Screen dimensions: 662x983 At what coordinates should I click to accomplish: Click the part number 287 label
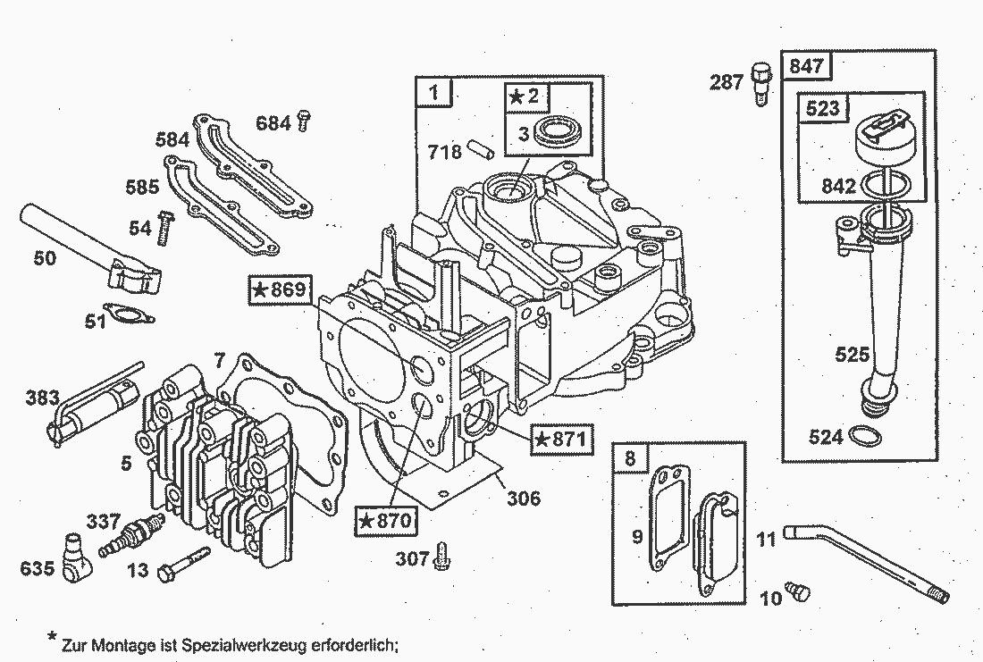click(x=727, y=82)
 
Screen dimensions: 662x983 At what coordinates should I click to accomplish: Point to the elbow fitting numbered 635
click(x=76, y=555)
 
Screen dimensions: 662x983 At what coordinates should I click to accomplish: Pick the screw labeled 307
click(x=441, y=557)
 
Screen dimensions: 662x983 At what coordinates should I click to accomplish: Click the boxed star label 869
click(x=280, y=289)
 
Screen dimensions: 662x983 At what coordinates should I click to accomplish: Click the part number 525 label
click(x=851, y=355)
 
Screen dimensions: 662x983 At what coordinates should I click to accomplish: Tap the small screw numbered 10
click(x=796, y=591)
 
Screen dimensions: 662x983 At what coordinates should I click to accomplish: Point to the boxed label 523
click(x=822, y=108)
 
